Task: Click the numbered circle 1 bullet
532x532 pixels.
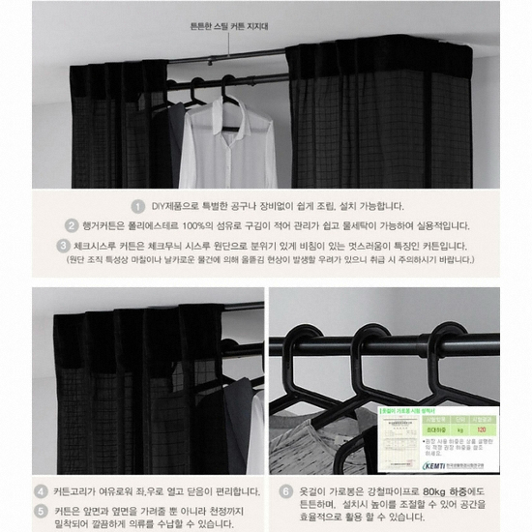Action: point(139,206)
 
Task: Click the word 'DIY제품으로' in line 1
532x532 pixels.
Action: point(173,206)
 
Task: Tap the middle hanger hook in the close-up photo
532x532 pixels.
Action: point(370,339)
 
